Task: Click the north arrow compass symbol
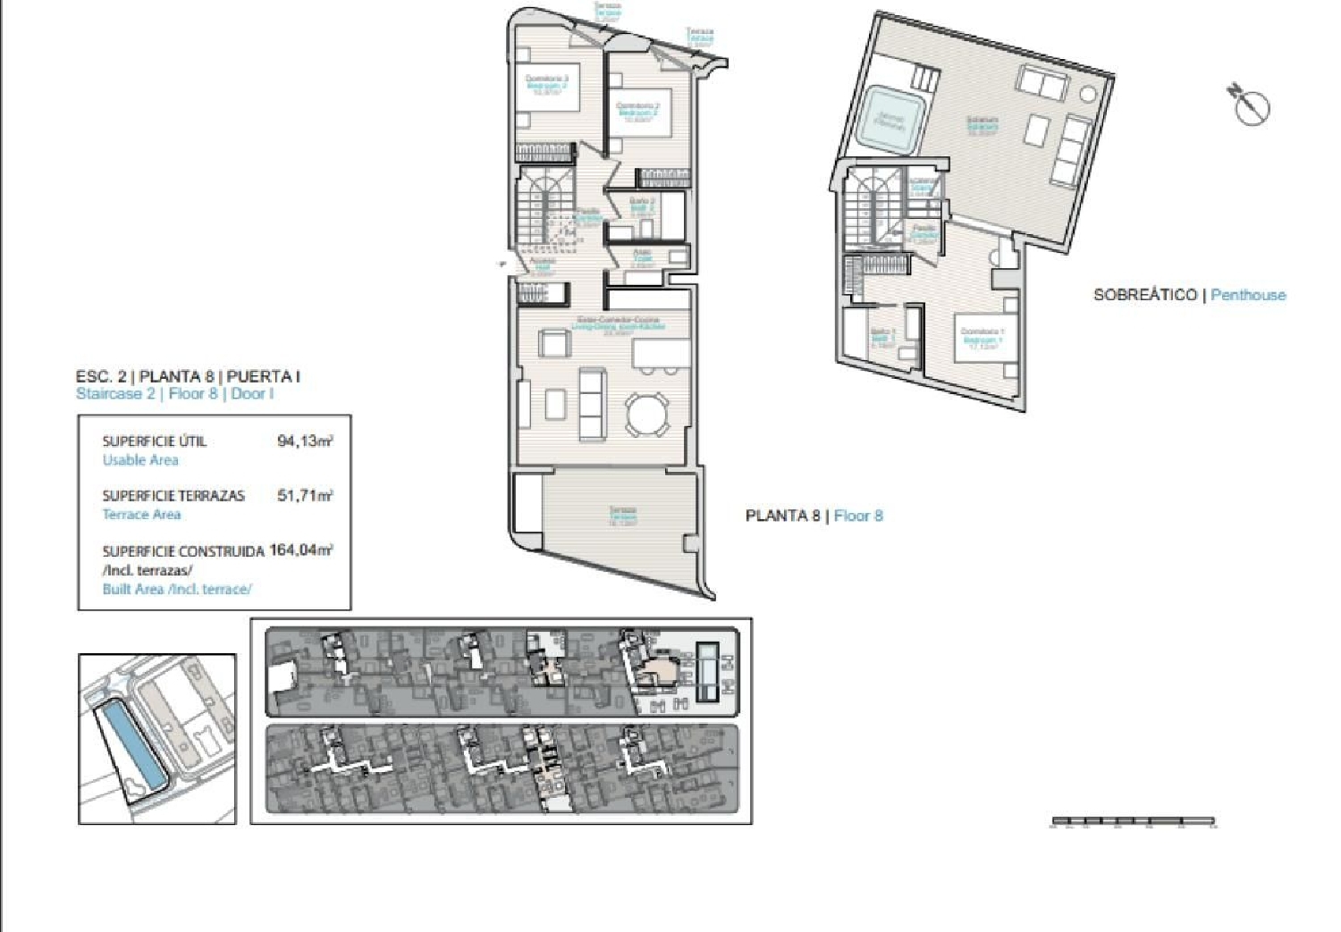click(x=1250, y=105)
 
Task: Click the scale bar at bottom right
click(x=1133, y=820)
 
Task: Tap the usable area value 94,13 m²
click(x=305, y=441)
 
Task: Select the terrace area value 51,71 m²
click(x=305, y=495)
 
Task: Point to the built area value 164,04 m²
click(x=300, y=550)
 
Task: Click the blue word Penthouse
click(x=1248, y=295)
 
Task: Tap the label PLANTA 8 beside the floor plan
click(x=782, y=516)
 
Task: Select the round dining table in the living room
click(x=646, y=415)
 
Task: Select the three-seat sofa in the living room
click(x=592, y=404)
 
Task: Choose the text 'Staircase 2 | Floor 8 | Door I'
click(x=175, y=394)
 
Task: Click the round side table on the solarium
click(x=1087, y=93)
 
